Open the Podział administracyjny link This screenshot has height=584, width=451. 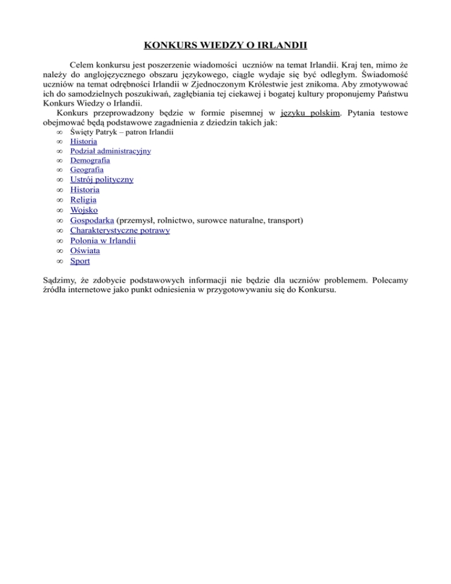pos(110,151)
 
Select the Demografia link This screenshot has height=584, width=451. pos(90,160)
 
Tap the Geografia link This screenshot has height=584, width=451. pos(87,170)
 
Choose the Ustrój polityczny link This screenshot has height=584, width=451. pos(102,180)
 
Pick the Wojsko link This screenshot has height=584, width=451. pos(84,210)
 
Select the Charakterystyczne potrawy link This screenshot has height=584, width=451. pos(120,230)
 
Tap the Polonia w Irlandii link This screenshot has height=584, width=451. pos(103,240)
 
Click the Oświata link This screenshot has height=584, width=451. pos(85,250)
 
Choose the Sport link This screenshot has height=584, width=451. pos(80,260)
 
